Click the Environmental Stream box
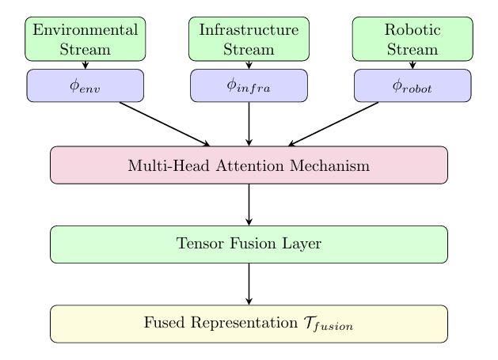pyautogui.click(x=86, y=40)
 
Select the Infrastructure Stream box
pyautogui.click(x=249, y=40)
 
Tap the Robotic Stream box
pyautogui.click(x=412, y=40)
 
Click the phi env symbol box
pyautogui.click(x=86, y=85)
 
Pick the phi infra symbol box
pyautogui.click(x=249, y=85)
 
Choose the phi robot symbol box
pyautogui.click(x=412, y=85)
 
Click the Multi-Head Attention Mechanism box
pyautogui.click(x=249, y=165)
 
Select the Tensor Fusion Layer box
pyautogui.click(x=249, y=244)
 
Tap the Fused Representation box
pyautogui.click(x=249, y=324)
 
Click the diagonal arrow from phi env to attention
pyautogui.click(x=164, y=124)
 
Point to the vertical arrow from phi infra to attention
pyautogui.click(x=249, y=124)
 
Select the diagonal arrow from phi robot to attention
pyautogui.click(x=334, y=124)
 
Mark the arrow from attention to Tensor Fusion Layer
pyautogui.click(x=249, y=204)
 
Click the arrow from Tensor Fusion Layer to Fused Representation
pyautogui.click(x=249, y=283)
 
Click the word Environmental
pyautogui.click(x=86, y=31)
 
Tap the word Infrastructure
pyautogui.click(x=249, y=31)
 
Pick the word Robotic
pyautogui.click(x=412, y=31)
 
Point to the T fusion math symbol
pyautogui.click(x=324, y=324)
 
